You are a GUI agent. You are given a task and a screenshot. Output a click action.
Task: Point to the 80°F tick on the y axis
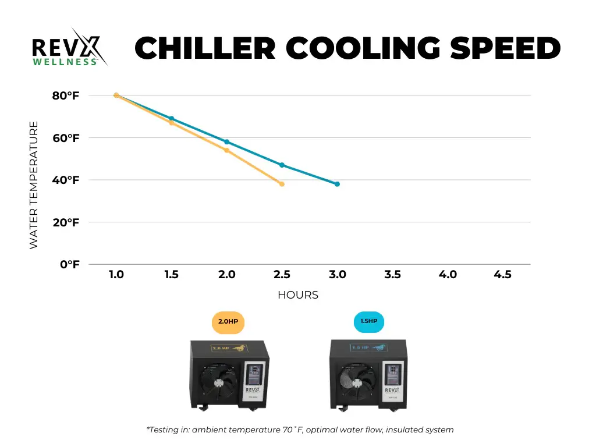pos(65,95)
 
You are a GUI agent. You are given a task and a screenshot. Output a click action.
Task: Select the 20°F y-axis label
pos(65,222)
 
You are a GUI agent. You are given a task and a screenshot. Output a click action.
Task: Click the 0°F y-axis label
pos(69,265)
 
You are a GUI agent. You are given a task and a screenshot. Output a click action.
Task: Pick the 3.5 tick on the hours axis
pos(392,275)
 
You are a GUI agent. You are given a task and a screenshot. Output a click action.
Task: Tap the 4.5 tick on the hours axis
pos(502,275)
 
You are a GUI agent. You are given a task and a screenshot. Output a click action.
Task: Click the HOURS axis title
pos(298,295)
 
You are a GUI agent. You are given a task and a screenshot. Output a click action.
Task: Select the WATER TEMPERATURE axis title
pos(34,185)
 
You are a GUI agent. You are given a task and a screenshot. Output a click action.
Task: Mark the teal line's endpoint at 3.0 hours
pos(337,184)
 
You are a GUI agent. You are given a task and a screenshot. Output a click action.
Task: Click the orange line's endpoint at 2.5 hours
pos(282,184)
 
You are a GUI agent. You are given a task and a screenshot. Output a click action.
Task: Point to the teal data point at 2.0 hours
pos(226,142)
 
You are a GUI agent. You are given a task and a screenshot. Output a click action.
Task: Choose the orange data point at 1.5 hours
pos(171,123)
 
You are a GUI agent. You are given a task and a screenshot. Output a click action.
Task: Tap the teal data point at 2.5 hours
pos(282,165)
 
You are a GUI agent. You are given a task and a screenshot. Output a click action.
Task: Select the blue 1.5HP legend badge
pos(369,321)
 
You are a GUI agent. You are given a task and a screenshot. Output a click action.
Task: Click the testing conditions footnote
pos(300,430)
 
